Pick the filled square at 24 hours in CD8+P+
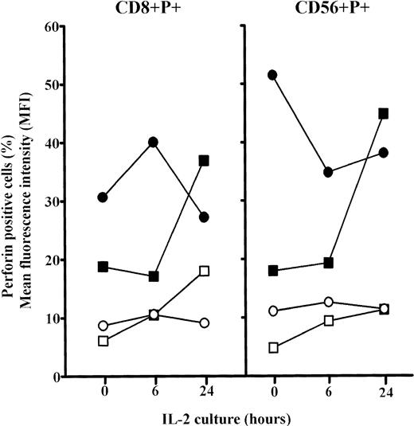point(205,161)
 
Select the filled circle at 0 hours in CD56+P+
point(273,75)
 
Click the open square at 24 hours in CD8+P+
point(205,271)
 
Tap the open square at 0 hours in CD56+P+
point(273,347)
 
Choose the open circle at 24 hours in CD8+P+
point(205,322)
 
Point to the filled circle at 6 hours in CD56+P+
point(328,172)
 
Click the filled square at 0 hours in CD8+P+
point(103,267)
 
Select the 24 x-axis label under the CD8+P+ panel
point(205,392)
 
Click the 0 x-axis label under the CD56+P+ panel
point(273,392)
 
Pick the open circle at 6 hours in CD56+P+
point(328,302)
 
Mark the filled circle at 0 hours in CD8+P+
point(103,197)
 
